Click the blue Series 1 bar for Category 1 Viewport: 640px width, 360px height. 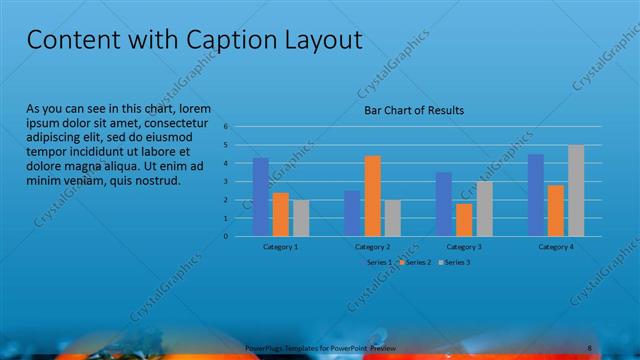point(261,197)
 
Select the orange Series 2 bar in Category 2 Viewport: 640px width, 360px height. point(372,196)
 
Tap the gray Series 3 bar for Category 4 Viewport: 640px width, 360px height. point(576,191)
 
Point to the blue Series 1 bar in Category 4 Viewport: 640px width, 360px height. point(536,195)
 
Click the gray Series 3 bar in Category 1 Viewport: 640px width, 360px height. point(300,218)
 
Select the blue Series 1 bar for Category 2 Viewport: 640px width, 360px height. point(352,213)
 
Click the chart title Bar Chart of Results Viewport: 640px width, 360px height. point(413,110)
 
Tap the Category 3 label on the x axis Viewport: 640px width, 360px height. point(464,246)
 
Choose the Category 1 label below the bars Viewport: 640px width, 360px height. point(280,246)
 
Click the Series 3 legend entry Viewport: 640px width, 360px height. point(455,262)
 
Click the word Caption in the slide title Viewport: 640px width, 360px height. point(237,40)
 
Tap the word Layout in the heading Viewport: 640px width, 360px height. point(320,40)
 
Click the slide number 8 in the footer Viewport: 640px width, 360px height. point(590,347)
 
